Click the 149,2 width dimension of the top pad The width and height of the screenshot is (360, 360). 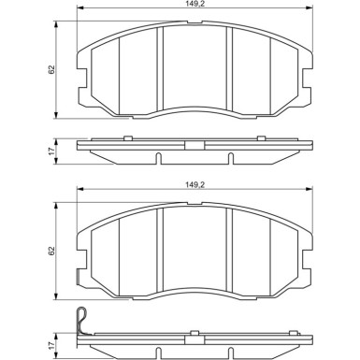coord(194,4)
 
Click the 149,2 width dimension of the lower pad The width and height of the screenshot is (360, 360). coord(194,185)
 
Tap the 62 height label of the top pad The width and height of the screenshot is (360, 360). coord(51,70)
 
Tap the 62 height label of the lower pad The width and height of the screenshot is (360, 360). coord(51,251)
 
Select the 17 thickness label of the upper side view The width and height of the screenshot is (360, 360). coord(51,151)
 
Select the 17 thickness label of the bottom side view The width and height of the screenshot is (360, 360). coord(51,345)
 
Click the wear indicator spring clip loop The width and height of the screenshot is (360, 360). coord(81,320)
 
